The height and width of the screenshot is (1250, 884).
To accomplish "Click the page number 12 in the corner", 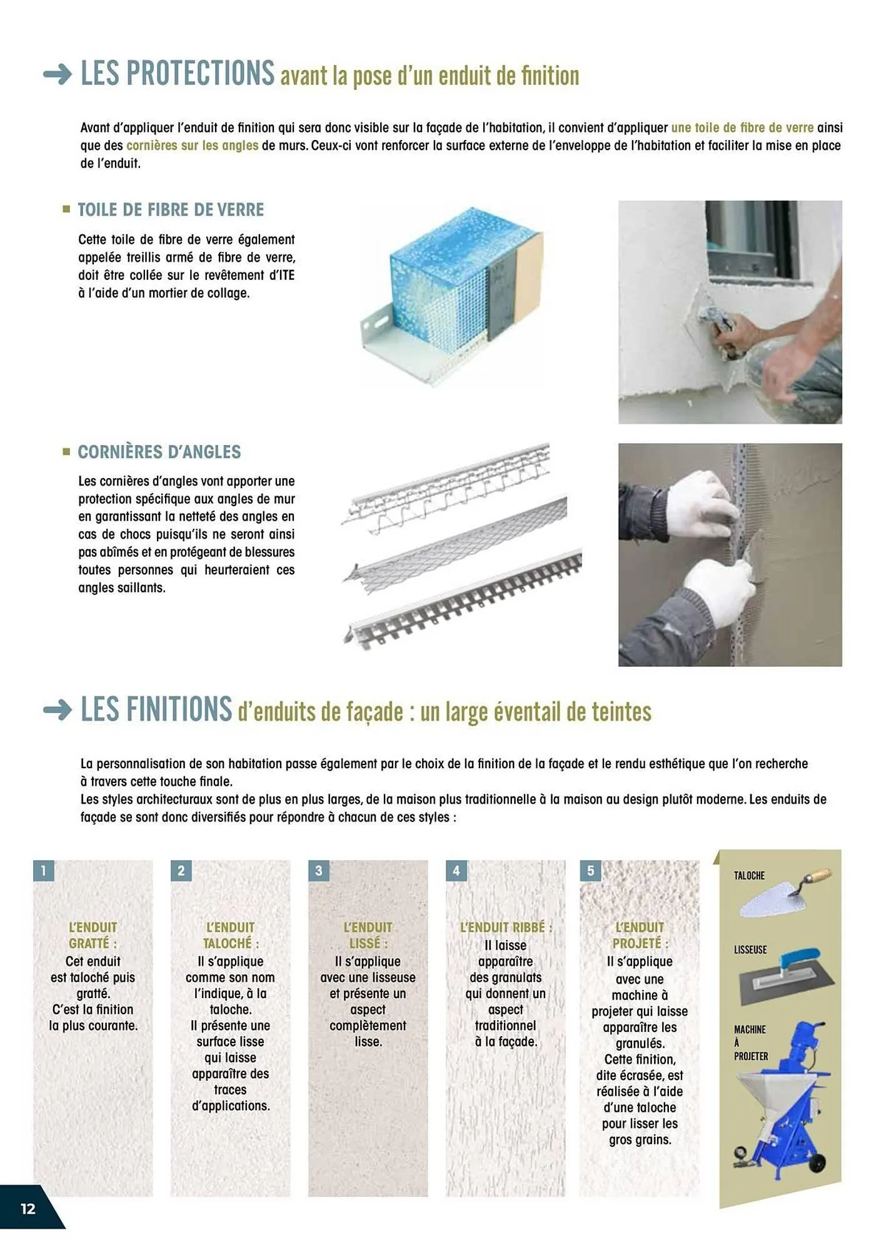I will pos(28,1208).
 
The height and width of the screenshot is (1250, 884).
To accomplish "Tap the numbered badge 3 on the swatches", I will pos(319,871).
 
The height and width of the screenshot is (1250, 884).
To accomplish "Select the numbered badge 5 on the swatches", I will pos(591,871).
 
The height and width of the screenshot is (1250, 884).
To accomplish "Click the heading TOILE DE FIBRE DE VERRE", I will pos(171,210).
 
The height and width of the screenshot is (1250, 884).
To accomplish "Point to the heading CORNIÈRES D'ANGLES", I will pos(159,452).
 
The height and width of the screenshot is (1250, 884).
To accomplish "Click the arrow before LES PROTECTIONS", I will pos(58,75).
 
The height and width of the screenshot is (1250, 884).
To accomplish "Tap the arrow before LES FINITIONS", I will pos(58,711).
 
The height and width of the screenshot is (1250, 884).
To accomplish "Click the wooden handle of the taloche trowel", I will pos(817,877).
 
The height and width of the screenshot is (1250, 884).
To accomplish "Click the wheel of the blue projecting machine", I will pos(816,1164).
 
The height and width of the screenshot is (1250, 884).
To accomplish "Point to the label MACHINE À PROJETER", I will pos(750,1042).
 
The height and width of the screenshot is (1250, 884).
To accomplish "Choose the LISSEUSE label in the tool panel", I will pos(750,950).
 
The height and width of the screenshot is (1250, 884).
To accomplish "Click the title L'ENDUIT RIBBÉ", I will pos(506,927).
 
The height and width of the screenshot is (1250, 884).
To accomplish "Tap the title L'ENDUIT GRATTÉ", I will pos(93,935).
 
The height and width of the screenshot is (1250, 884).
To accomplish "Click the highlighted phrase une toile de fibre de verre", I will pos(742,128).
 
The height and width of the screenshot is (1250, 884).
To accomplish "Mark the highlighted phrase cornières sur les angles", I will pos(192,146).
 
